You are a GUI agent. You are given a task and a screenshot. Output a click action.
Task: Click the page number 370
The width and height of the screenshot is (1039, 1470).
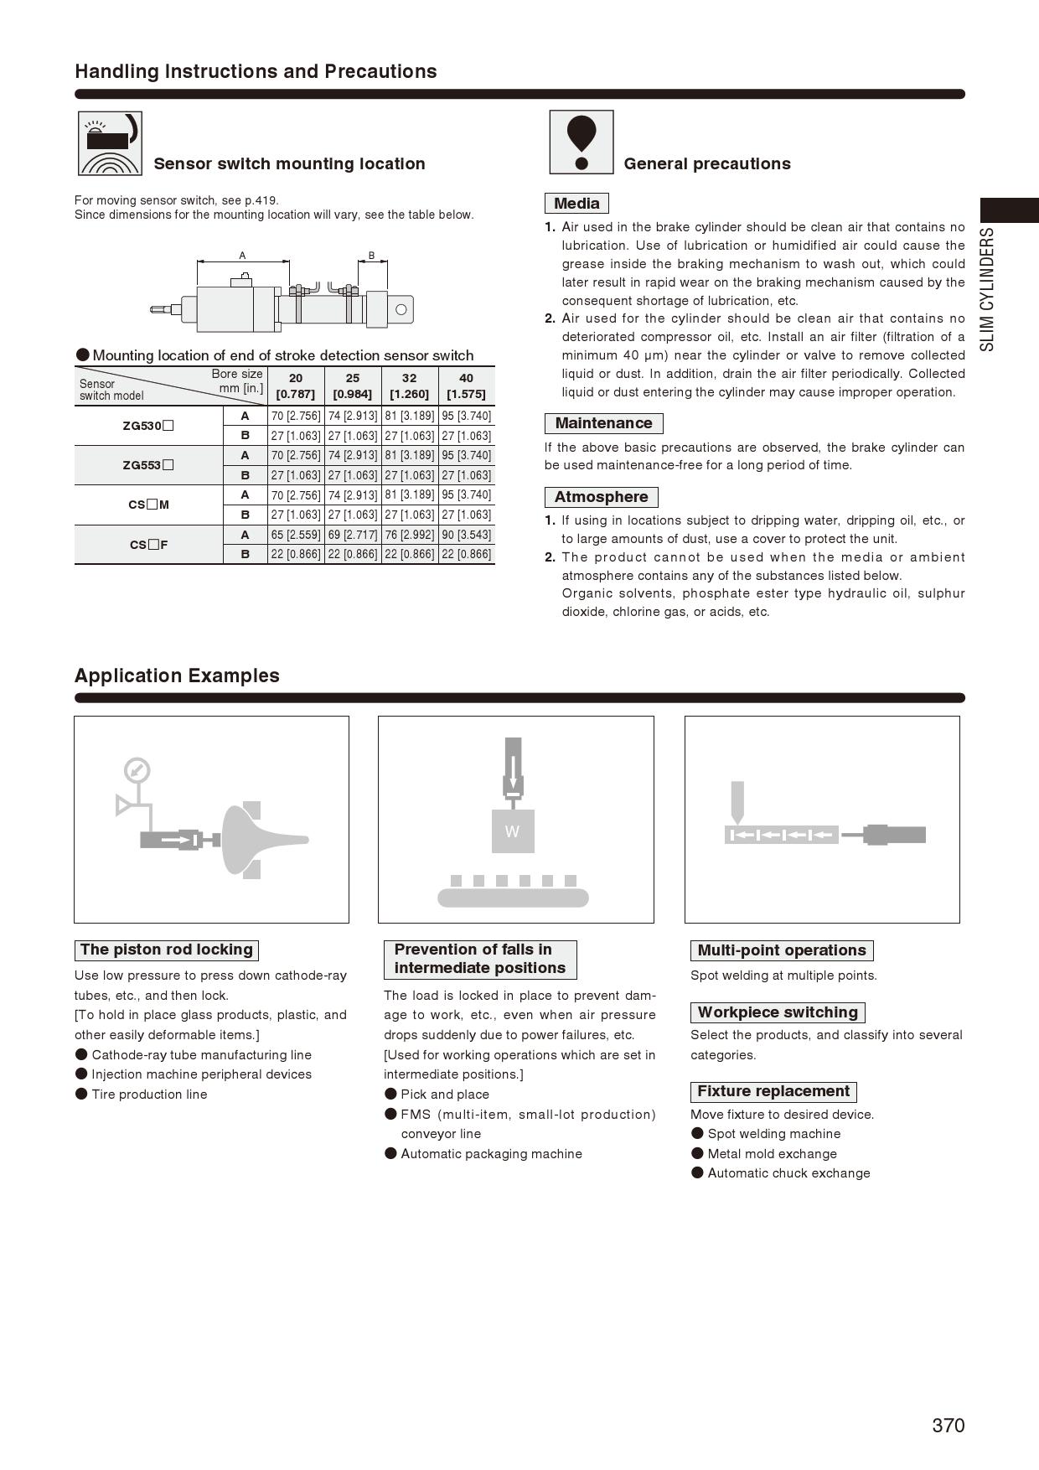click(948, 1425)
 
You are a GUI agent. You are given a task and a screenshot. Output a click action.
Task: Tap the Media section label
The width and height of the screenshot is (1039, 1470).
click(576, 204)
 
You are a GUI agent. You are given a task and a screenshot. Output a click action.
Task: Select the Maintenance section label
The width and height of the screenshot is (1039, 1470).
click(603, 423)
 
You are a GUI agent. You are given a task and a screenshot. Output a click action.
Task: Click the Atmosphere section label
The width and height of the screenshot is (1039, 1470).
click(601, 497)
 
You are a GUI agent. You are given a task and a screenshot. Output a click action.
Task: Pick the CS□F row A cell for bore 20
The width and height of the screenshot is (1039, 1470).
click(296, 535)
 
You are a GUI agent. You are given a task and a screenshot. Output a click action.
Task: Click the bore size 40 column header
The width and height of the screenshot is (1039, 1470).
click(466, 386)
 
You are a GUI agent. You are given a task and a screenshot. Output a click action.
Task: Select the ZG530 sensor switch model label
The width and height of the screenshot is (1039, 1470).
click(148, 426)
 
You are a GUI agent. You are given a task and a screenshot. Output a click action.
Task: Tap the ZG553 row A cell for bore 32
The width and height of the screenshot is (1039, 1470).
click(410, 455)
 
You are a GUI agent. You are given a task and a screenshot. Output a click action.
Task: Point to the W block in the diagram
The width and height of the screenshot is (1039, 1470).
click(512, 831)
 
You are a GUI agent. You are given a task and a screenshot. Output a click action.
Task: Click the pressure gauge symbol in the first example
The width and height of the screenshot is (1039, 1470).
click(137, 770)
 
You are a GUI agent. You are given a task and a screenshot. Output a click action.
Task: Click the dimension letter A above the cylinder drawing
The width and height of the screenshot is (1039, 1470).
click(242, 256)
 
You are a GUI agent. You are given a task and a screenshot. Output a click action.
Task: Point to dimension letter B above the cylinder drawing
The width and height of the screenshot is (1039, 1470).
click(371, 256)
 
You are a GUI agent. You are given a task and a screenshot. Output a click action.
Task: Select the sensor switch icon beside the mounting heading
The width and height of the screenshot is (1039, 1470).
click(110, 143)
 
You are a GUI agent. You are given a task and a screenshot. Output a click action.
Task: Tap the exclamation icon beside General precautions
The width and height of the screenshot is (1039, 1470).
click(582, 142)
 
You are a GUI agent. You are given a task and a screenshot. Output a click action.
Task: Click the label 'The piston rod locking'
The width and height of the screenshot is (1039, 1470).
click(166, 950)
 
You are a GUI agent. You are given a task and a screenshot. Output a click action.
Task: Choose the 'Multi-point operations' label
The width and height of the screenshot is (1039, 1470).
click(781, 950)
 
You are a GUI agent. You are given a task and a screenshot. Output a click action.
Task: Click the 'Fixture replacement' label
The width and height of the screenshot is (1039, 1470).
click(773, 1091)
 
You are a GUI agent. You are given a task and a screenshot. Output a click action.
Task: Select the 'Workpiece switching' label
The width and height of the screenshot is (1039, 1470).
click(778, 1012)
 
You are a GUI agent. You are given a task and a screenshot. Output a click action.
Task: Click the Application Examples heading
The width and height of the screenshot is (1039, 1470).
click(177, 675)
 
